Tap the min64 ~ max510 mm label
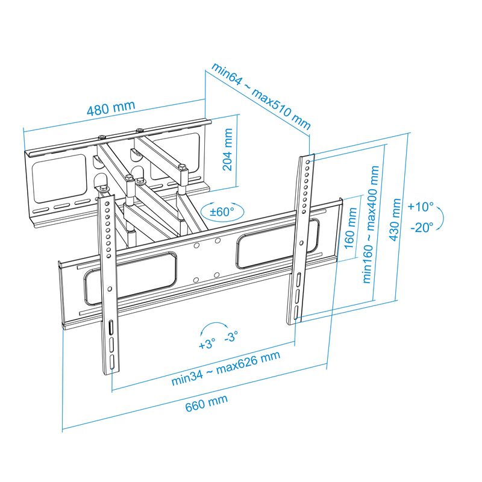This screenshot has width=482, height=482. pyautogui.click(x=260, y=96)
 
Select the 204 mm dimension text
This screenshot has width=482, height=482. pyautogui.click(x=228, y=151)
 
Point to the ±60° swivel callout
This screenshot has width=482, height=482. pyautogui.click(x=222, y=211)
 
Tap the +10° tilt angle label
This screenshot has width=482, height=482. pyautogui.click(x=420, y=207)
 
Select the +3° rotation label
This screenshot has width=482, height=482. pyautogui.click(x=207, y=345)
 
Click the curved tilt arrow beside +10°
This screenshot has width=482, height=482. pyautogui.click(x=442, y=217)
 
